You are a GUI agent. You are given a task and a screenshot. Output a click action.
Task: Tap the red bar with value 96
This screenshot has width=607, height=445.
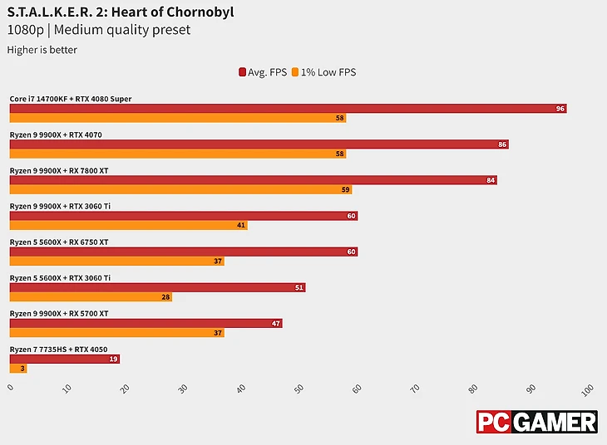point(288,109)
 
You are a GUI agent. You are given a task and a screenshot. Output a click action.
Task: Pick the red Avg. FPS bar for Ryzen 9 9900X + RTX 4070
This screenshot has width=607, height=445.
point(259,144)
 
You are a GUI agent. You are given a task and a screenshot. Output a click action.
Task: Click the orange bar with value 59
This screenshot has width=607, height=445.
point(180,189)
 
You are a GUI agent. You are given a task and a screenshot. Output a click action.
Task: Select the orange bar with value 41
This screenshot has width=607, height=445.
point(128,225)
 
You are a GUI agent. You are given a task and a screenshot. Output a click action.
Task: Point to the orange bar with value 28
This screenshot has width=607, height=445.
point(91,296)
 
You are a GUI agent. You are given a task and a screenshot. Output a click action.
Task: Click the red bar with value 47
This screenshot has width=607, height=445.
point(146,323)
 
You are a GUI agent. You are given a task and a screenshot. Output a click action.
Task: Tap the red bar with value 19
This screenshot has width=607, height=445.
point(65,359)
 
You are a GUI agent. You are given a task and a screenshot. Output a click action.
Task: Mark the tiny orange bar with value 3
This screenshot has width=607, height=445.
point(18,368)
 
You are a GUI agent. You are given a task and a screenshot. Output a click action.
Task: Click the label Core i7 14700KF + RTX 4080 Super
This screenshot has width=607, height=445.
point(71,99)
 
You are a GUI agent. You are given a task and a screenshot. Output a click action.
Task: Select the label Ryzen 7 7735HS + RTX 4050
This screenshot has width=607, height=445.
point(58,350)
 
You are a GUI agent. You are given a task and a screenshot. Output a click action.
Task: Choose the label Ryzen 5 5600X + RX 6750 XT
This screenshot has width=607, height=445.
point(59,242)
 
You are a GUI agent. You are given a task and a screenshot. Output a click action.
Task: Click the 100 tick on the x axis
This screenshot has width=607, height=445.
point(587,389)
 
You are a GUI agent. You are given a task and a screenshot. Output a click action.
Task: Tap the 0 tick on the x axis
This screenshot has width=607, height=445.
point(11,387)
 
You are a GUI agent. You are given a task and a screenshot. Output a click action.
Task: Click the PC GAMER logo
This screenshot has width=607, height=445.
point(536,422)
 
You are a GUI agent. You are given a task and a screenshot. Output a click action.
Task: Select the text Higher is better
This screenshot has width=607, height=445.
point(42,50)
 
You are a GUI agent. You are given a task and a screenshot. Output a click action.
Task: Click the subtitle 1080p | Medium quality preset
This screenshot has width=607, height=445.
point(99,31)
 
